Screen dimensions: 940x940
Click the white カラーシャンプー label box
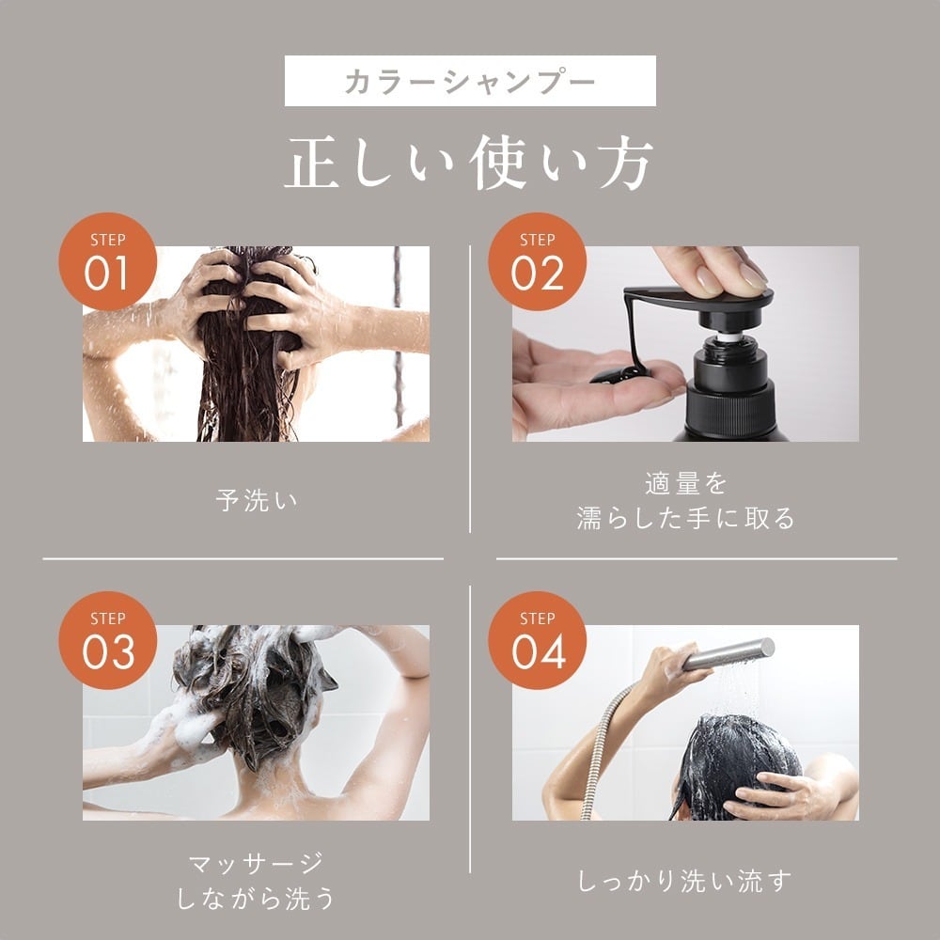click(470, 81)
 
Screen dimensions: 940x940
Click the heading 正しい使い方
click(470, 165)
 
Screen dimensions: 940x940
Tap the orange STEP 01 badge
click(107, 261)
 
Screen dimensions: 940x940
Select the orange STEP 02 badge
click(537, 261)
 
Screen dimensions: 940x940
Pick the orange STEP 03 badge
click(107, 640)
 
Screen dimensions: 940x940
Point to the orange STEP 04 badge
click(537, 640)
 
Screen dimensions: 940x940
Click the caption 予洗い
click(256, 500)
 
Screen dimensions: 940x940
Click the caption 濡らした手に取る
click(685, 518)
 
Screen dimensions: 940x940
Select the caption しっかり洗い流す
click(685, 881)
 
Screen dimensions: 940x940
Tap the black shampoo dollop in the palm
click(620, 373)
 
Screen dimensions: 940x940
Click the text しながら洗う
click(256, 899)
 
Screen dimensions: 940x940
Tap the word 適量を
click(685, 483)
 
